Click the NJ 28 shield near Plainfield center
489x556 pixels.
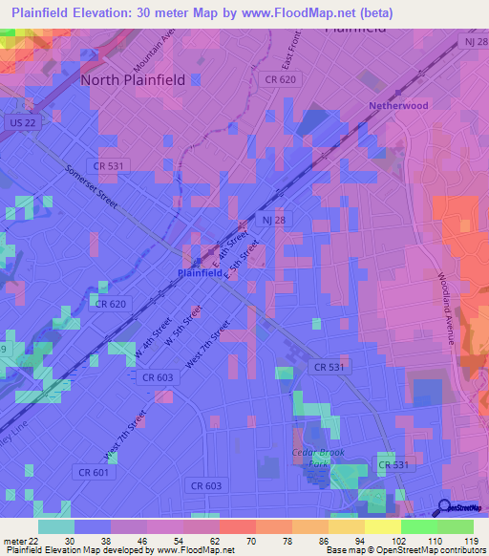(x=273, y=221)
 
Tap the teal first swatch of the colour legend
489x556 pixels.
(x=55, y=526)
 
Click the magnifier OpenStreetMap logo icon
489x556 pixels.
(x=444, y=507)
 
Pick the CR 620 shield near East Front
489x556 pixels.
(x=280, y=79)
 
